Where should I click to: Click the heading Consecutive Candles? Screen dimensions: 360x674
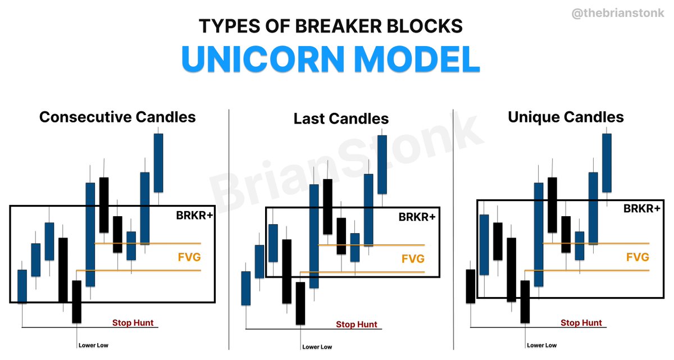tap(117, 117)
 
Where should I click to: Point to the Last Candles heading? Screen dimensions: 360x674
tap(341, 119)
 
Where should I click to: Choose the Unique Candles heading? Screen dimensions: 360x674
tap(566, 117)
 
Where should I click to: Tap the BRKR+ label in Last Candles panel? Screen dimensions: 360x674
tap(417, 216)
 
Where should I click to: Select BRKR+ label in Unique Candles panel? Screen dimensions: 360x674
tap(642, 208)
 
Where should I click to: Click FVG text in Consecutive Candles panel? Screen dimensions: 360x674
tap(189, 257)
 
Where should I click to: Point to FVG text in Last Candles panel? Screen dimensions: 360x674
tap(413, 259)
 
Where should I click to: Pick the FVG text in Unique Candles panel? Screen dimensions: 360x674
tap(637, 257)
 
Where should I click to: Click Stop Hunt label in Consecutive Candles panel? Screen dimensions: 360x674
tap(133, 323)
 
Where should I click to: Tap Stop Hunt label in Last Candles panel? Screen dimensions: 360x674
tap(357, 325)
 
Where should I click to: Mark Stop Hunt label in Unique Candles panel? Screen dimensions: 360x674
tap(581, 323)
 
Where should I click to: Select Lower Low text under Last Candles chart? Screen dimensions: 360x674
tap(317, 347)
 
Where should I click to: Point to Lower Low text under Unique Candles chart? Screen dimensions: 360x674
tap(542, 345)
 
